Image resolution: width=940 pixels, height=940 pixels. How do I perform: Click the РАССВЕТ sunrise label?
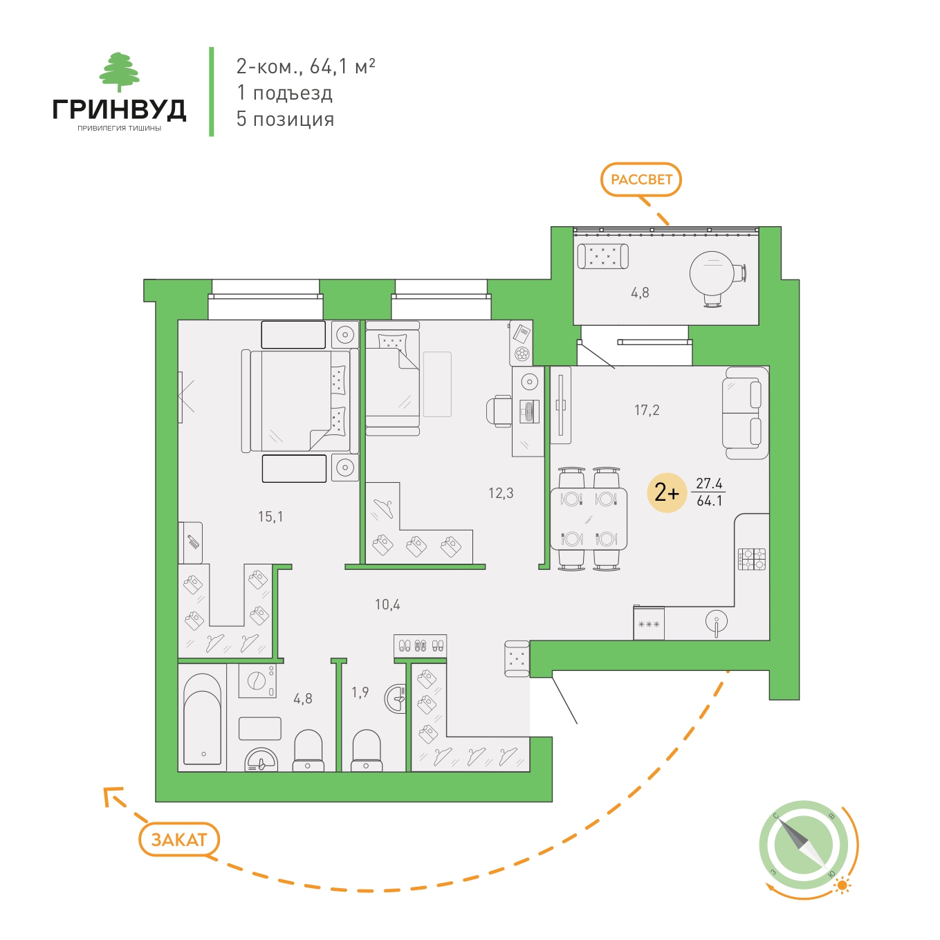click(x=641, y=180)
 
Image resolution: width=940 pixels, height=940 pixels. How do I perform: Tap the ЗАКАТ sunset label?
click(x=179, y=840)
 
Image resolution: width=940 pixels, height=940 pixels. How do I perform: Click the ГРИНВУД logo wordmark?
click(x=119, y=110)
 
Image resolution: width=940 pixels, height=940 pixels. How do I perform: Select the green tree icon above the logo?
click(x=120, y=72)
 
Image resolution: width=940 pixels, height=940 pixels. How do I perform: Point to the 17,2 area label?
click(x=646, y=410)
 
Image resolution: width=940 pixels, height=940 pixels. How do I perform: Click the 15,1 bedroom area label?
click(x=270, y=517)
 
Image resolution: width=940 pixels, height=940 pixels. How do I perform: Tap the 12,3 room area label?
click(x=501, y=493)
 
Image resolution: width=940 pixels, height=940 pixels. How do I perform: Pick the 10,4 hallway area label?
click(x=387, y=605)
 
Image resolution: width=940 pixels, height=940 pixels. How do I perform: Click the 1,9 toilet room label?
click(x=360, y=692)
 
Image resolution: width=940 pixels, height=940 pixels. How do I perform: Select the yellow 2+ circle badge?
click(x=667, y=492)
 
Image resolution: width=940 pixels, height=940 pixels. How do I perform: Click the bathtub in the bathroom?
click(x=203, y=719)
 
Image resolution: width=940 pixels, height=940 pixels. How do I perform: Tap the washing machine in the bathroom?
click(x=257, y=680)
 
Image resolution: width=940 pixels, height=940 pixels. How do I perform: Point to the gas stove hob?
click(x=752, y=559)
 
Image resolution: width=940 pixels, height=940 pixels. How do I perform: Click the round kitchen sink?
click(x=716, y=622)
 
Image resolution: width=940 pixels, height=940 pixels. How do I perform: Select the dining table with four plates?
click(x=589, y=519)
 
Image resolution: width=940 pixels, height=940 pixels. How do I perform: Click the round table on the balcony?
click(x=712, y=274)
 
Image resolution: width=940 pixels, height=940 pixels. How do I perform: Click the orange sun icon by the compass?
click(x=842, y=885)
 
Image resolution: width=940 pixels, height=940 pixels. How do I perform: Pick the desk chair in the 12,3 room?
click(x=499, y=411)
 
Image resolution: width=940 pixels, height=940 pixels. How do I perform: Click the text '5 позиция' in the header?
click(x=286, y=119)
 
